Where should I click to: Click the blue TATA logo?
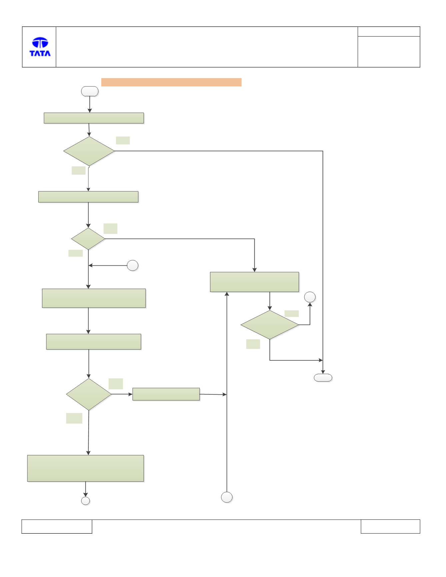click(x=40, y=47)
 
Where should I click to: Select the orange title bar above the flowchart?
click(x=171, y=82)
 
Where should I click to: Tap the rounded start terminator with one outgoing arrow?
click(x=90, y=91)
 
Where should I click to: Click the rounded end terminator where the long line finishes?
click(x=323, y=378)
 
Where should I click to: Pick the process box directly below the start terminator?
click(x=94, y=118)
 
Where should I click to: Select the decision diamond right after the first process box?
click(x=89, y=151)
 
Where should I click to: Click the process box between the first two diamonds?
click(x=88, y=197)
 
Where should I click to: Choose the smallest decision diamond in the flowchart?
click(x=88, y=239)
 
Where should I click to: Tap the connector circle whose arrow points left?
click(x=133, y=266)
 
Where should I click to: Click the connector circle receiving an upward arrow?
click(x=310, y=297)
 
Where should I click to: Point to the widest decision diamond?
click(x=270, y=325)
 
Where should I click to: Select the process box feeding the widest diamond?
click(x=255, y=282)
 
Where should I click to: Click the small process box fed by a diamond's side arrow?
click(x=166, y=394)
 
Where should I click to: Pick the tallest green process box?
click(x=86, y=468)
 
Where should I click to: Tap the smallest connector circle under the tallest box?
click(x=86, y=501)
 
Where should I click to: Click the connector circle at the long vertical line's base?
click(x=227, y=497)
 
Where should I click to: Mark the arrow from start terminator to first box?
click(x=90, y=104)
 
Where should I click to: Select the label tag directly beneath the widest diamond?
click(x=253, y=344)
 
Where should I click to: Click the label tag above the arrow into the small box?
click(x=116, y=384)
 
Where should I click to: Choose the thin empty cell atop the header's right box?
click(x=389, y=32)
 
